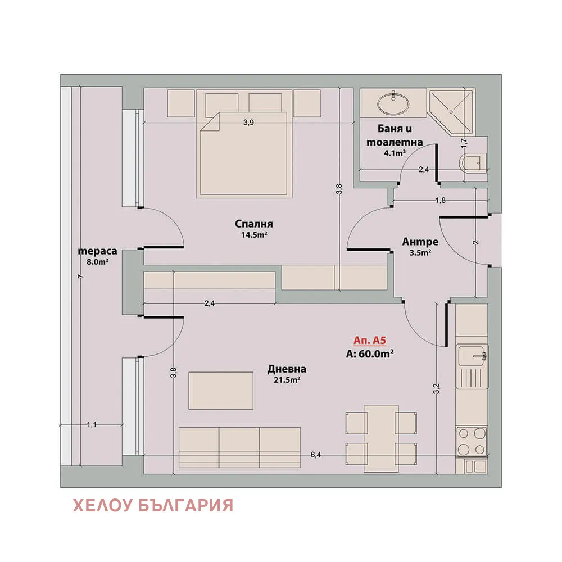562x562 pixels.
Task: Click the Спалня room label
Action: pyautogui.click(x=251, y=225)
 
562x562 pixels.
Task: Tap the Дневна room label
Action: pyautogui.click(x=287, y=369)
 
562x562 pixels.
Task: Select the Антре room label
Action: pyautogui.click(x=420, y=242)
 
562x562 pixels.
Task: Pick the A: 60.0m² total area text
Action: pyautogui.click(x=370, y=353)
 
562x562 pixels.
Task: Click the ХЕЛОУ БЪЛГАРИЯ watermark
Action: pyautogui.click(x=153, y=505)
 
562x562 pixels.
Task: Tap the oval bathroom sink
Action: pyautogui.click(x=393, y=103)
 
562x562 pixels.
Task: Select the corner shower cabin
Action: pyautogui.click(x=451, y=110)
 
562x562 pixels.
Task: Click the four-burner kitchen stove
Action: pyautogui.click(x=472, y=441)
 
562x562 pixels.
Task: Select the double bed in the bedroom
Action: pyautogui.click(x=244, y=153)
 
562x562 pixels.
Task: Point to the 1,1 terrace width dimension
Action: pyautogui.click(x=92, y=425)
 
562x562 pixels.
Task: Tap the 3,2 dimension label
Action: pyautogui.click(x=437, y=388)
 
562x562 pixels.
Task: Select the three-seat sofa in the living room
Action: pyautogui.click(x=239, y=447)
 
